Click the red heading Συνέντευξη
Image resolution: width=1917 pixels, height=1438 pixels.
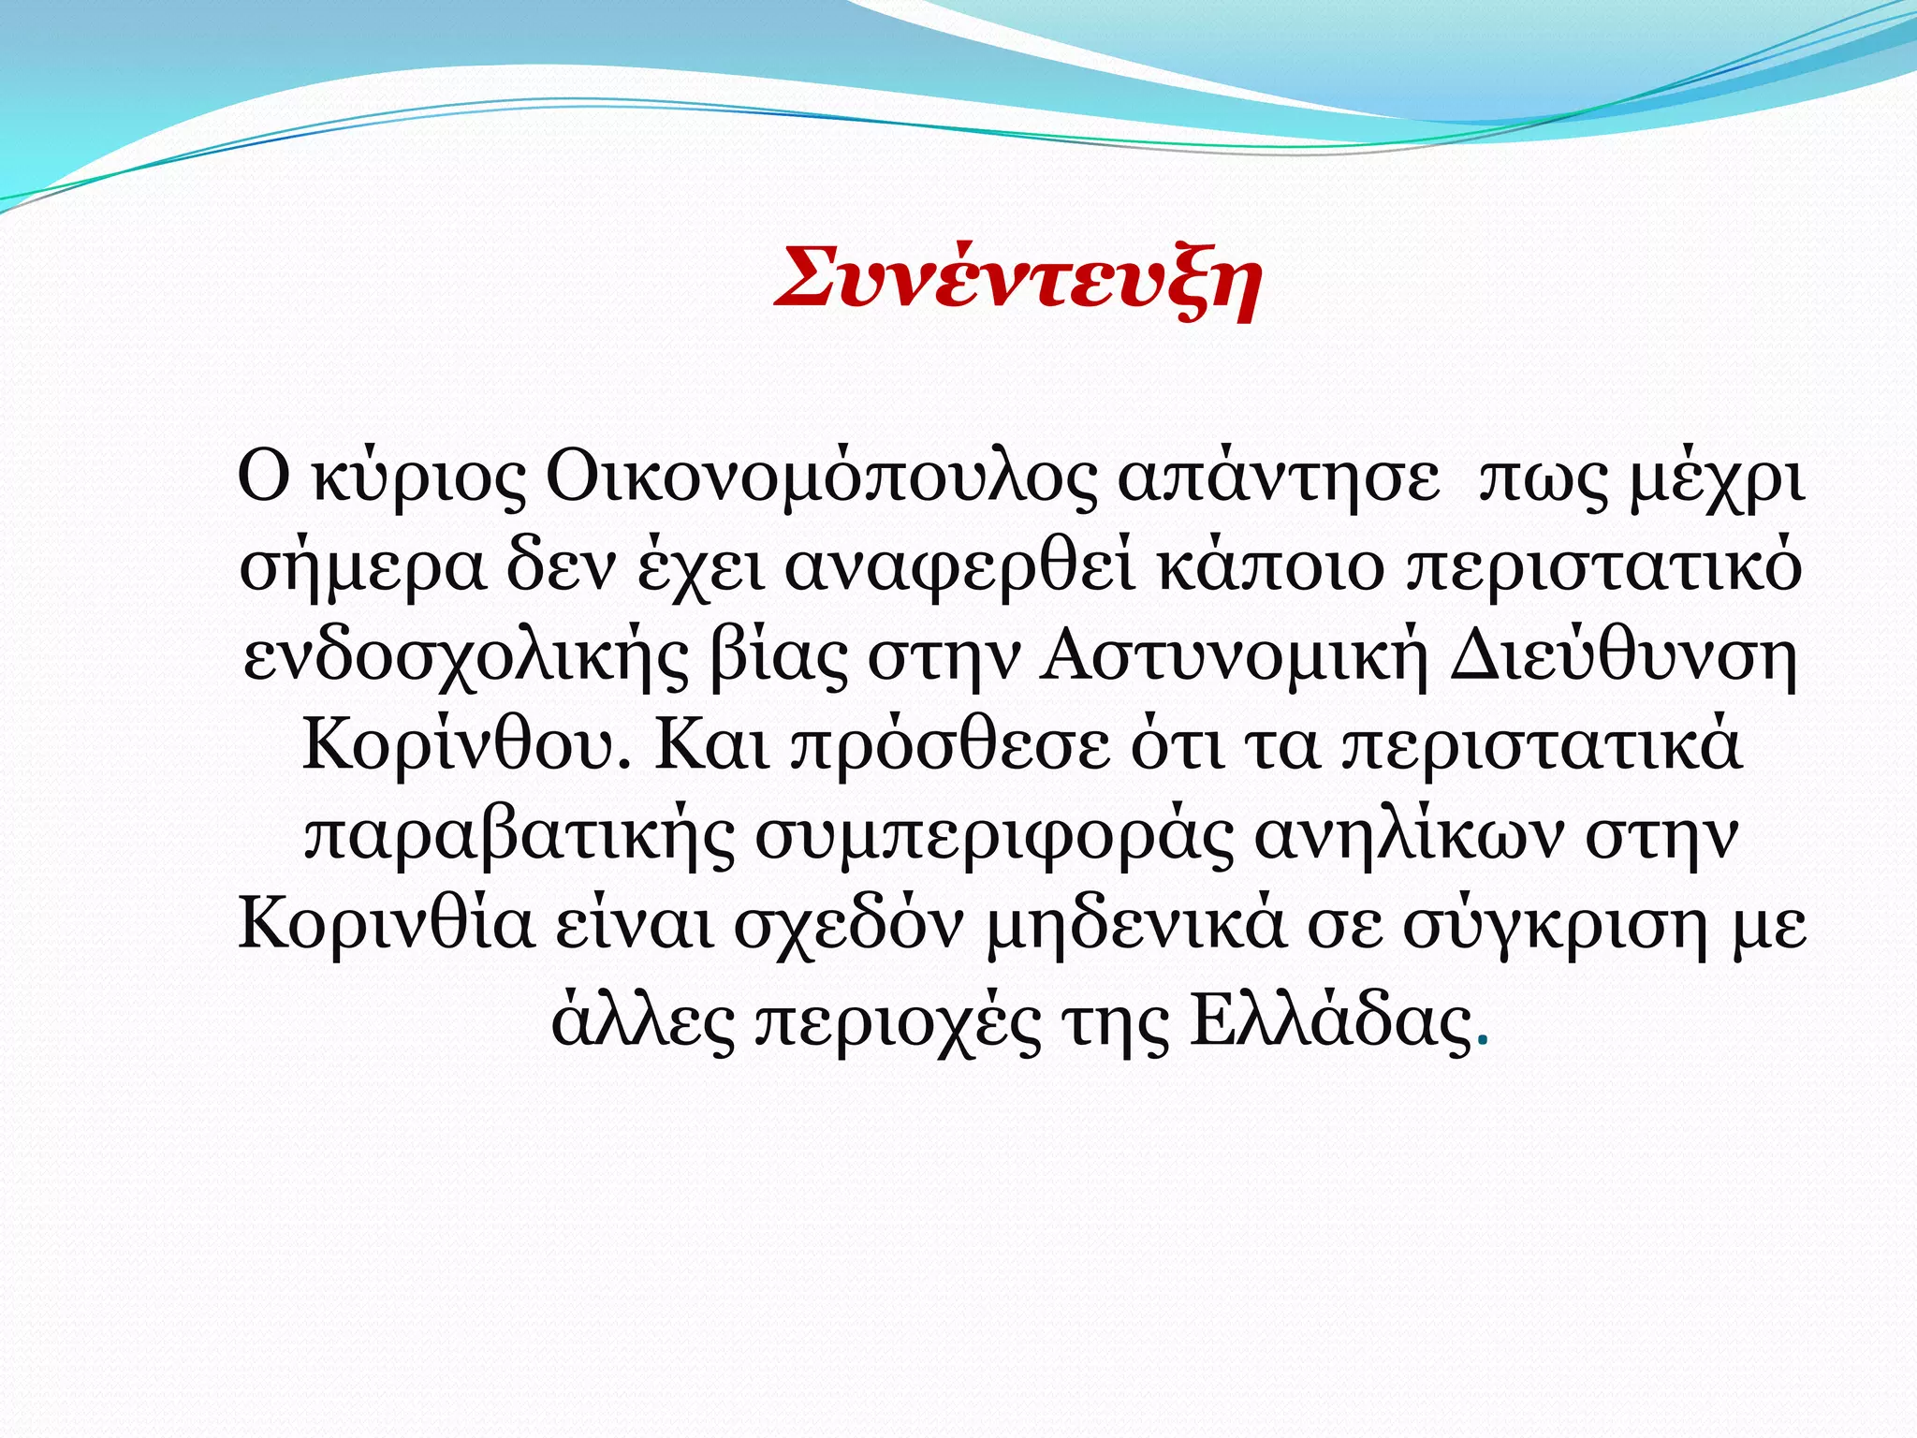coord(1018,279)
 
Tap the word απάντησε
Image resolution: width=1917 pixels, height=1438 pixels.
coord(1279,479)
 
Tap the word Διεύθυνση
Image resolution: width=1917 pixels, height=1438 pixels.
coord(1623,658)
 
